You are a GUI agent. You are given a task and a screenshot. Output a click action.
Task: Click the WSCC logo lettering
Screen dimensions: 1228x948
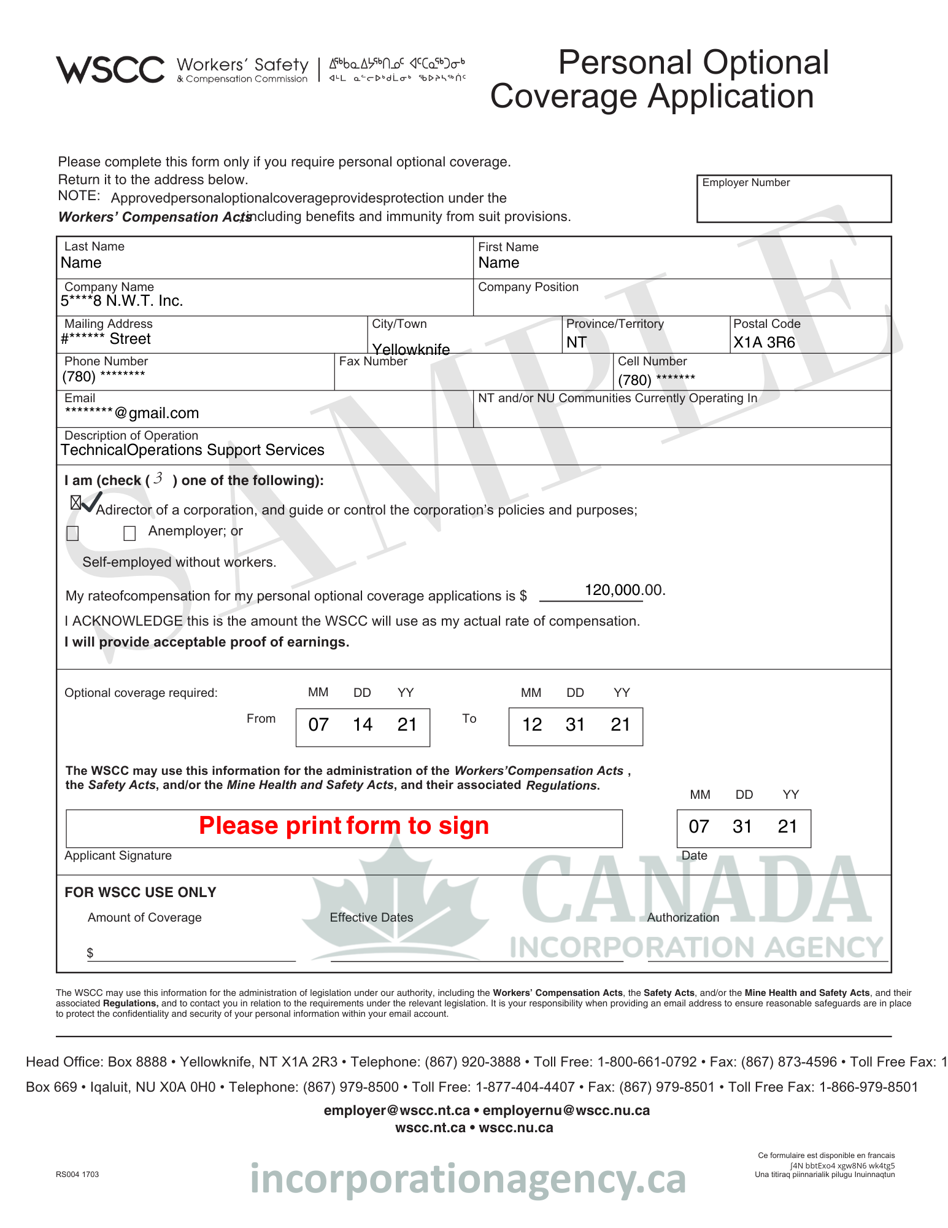tap(110, 69)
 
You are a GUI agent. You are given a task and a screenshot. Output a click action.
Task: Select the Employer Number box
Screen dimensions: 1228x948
tap(793, 198)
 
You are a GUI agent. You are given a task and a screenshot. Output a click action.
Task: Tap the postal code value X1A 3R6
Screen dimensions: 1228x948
tap(764, 343)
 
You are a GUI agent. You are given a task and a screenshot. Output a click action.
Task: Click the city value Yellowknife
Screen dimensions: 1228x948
tap(411, 349)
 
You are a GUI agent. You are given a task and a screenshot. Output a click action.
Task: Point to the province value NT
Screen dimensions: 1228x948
tap(576, 343)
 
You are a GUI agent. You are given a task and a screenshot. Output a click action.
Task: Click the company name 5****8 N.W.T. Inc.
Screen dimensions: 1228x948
tap(121, 301)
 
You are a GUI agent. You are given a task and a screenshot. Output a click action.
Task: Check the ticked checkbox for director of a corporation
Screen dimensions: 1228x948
tap(75, 503)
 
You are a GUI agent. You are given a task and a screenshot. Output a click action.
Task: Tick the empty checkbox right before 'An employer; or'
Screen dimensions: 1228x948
tap(129, 533)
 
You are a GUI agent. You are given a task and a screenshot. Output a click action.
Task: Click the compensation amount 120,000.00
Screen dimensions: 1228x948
tap(623, 590)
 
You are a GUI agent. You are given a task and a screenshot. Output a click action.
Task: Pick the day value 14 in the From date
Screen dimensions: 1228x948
tap(363, 725)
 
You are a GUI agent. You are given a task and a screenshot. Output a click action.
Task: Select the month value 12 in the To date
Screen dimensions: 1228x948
tap(532, 725)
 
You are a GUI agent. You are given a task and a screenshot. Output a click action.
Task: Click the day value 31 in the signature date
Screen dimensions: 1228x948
tap(742, 827)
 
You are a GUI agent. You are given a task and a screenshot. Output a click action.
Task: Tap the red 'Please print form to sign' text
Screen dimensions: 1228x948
tap(344, 826)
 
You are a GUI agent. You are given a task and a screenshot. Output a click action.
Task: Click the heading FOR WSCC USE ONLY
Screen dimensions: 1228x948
tap(140, 892)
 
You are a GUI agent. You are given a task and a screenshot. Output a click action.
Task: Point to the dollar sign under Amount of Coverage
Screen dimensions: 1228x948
tap(90, 953)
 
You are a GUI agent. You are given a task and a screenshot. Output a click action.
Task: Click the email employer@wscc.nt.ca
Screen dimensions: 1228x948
tap(396, 1110)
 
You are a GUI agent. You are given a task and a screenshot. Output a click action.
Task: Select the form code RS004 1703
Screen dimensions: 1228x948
tap(77, 1175)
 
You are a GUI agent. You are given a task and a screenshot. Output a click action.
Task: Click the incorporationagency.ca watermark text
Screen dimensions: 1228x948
tap(468, 1179)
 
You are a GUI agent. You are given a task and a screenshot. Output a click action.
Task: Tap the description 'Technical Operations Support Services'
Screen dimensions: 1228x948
tap(192, 450)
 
